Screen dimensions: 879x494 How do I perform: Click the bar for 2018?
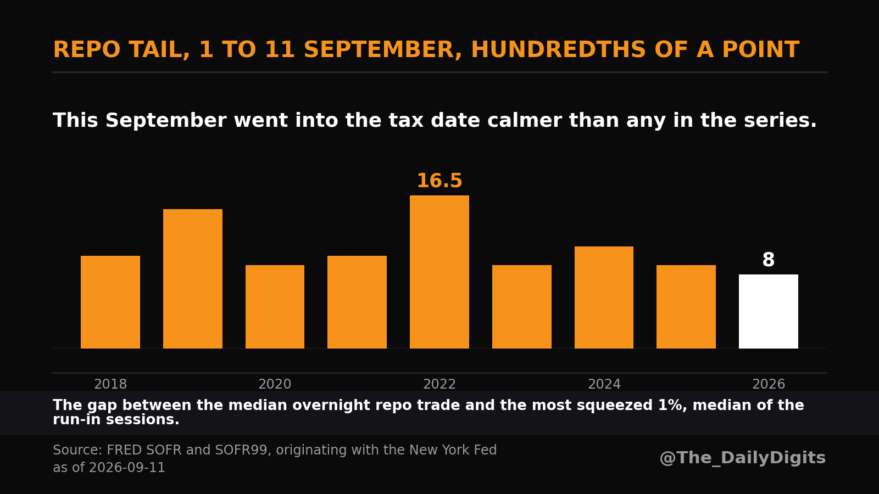click(110, 302)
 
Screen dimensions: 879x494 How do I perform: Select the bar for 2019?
click(193, 279)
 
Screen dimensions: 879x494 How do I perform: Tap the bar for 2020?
click(275, 307)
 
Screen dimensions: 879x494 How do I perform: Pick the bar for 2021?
click(357, 302)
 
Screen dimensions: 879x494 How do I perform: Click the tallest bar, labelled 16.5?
click(439, 272)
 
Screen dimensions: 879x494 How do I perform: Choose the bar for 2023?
click(522, 307)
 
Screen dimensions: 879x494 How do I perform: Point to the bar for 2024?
click(604, 297)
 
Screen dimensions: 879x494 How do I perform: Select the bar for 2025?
click(686, 307)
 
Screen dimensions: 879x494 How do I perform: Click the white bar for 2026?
click(769, 311)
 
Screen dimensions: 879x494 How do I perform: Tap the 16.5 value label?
click(439, 181)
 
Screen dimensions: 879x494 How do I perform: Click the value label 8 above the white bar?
click(769, 260)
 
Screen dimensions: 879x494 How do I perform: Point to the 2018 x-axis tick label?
click(110, 384)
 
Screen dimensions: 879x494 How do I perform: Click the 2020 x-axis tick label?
click(275, 384)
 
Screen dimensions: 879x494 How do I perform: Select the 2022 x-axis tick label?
click(439, 384)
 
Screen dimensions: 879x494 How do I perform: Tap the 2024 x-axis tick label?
click(604, 384)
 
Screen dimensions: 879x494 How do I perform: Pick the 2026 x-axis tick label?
click(769, 384)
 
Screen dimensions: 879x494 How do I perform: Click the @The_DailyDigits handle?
click(742, 458)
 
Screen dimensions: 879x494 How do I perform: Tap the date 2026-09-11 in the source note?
click(127, 467)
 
